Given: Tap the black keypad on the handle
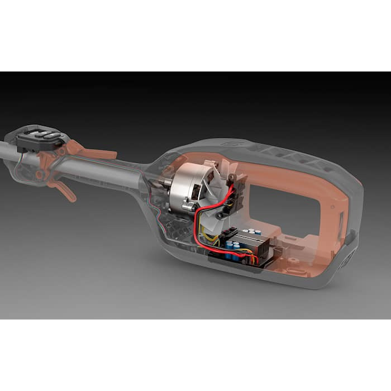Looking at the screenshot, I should tap(41, 137).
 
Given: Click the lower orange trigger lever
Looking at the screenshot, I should tap(64, 190).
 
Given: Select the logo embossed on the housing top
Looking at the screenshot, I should tap(229, 144).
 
